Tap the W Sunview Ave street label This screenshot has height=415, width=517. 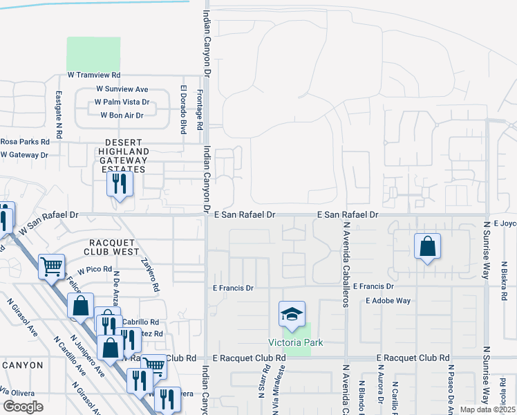point(122,89)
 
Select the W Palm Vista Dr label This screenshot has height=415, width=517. point(122,102)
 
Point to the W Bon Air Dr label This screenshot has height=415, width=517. point(122,116)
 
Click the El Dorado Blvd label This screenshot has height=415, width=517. point(183,109)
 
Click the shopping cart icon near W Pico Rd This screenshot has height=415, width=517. point(52,266)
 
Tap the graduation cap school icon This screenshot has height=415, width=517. point(292,314)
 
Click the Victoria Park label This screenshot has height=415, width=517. point(296,343)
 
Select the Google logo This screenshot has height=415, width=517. point(23,407)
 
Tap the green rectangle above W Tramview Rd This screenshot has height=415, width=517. point(93,53)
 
